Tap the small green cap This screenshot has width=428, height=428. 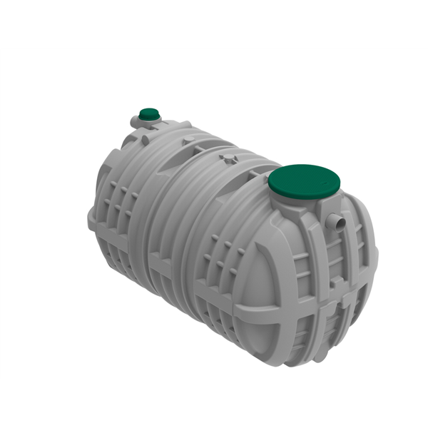(x=149, y=113)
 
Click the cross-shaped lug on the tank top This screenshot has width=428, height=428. (x=228, y=158)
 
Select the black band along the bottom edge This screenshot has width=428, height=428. (x=214, y=403)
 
